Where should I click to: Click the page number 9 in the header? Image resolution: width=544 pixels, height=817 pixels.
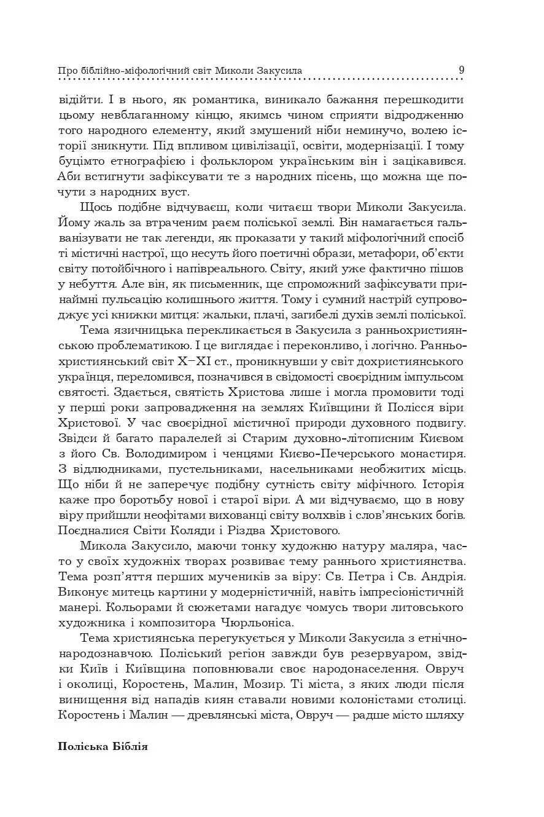click(x=460, y=69)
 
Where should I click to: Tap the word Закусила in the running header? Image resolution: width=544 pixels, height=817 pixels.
click(x=278, y=70)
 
